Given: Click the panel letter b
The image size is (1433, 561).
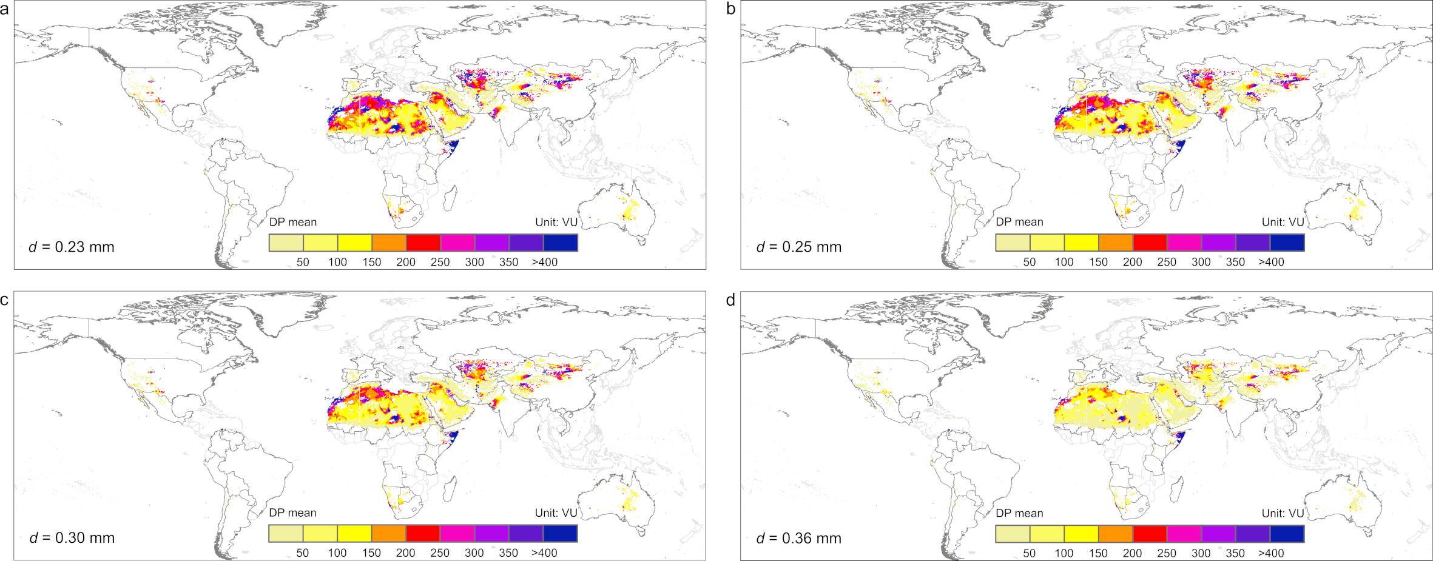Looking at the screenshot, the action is click(x=732, y=9).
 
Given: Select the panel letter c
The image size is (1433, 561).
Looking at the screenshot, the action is click(x=5, y=300).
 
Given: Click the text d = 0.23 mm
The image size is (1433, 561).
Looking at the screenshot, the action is click(x=72, y=247).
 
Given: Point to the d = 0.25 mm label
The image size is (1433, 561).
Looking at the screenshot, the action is click(x=799, y=247).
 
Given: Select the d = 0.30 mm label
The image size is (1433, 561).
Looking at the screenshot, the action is click(x=72, y=537).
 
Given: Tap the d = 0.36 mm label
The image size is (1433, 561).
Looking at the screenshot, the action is click(x=799, y=537).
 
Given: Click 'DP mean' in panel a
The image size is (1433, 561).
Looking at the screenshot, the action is click(x=293, y=222).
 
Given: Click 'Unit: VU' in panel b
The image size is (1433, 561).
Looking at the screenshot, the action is click(x=1283, y=222).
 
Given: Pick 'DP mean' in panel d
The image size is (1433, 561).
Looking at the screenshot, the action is click(x=1020, y=512).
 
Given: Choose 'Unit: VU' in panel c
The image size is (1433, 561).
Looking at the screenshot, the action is click(x=556, y=512).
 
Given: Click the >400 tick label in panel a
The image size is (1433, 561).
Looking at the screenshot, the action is click(x=545, y=262).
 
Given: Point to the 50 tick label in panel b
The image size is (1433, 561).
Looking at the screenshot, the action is click(x=1030, y=262).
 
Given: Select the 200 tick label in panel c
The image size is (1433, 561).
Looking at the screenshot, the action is click(x=406, y=553).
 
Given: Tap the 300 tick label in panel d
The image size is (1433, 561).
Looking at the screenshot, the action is click(x=1201, y=553).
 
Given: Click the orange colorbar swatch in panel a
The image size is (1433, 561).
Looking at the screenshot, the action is click(x=389, y=243).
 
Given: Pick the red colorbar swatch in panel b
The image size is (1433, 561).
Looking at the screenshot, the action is click(x=1150, y=243).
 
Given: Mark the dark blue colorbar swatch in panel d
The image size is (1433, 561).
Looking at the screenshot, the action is click(x=1287, y=533).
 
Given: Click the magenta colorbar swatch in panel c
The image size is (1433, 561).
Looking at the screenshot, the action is click(x=457, y=533).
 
